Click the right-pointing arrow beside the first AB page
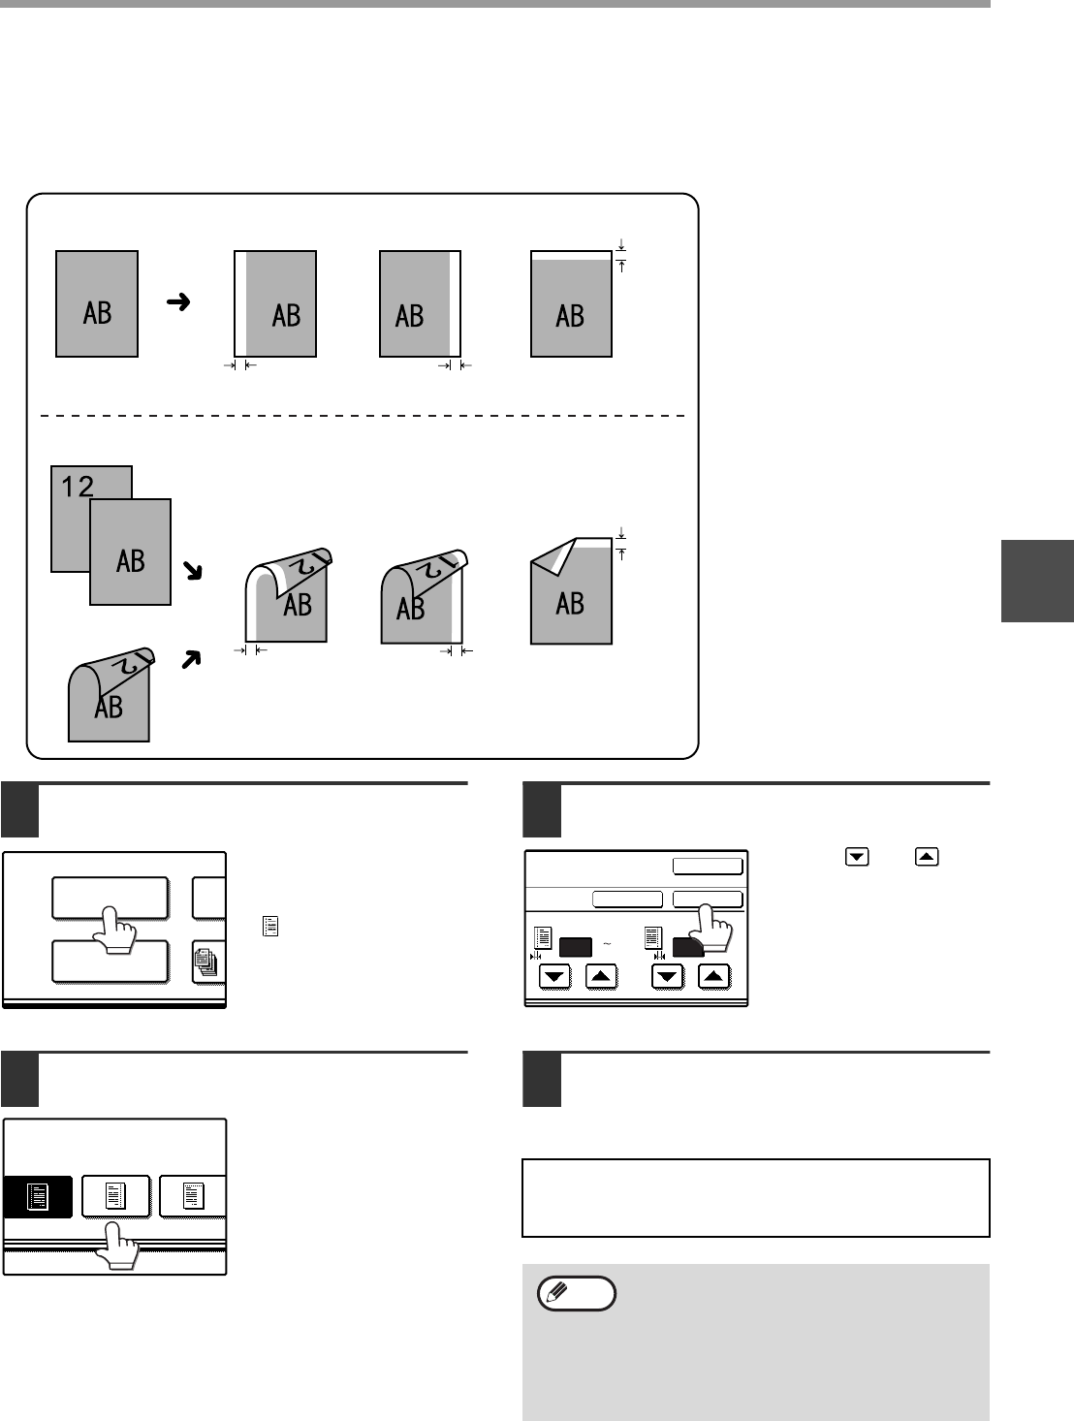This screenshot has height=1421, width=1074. (177, 302)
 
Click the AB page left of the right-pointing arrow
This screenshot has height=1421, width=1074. (97, 303)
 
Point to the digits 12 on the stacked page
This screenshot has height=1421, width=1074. (78, 486)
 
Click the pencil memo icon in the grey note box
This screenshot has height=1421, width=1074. (579, 1294)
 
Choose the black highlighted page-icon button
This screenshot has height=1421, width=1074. (38, 1196)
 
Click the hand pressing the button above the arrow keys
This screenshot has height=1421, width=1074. (716, 927)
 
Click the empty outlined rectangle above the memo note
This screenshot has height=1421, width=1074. (755, 1197)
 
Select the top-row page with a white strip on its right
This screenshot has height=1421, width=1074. (420, 303)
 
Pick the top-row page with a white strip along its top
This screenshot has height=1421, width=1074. (571, 303)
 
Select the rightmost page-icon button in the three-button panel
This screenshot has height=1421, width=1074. (193, 1196)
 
